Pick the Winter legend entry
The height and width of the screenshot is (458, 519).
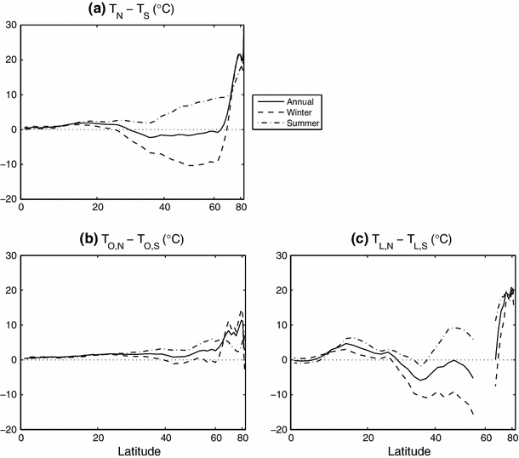pos(305,112)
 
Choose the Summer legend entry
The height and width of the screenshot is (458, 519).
pos(307,123)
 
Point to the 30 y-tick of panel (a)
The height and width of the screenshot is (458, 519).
pos(11,25)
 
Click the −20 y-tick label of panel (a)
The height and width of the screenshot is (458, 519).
pos(9,199)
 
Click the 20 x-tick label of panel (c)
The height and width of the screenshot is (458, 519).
pos(367,439)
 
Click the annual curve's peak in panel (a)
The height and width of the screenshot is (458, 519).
pos(240,54)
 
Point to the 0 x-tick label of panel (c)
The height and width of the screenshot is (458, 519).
pos(292,439)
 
